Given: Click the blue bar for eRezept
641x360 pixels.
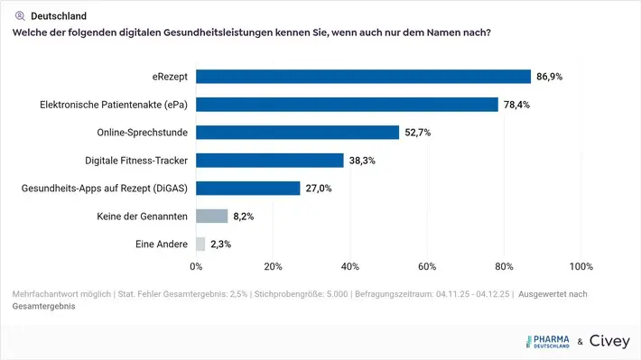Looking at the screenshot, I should point(363,77).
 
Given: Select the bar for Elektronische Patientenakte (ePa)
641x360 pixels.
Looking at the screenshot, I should point(347,105).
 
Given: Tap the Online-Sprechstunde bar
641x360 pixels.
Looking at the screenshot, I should point(297,133).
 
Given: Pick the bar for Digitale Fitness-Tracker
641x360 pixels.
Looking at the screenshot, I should point(270,161).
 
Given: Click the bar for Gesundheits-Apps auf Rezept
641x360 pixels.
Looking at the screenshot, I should point(248,189).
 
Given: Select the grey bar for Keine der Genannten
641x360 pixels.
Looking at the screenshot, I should point(211,217).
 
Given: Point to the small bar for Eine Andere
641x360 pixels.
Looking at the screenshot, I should point(200,244).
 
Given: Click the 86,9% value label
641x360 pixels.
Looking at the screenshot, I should point(549,77).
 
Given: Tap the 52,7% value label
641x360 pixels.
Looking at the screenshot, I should point(417,133).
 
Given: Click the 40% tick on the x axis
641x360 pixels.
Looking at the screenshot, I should point(350,267).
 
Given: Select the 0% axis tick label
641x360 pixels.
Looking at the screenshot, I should point(196,267).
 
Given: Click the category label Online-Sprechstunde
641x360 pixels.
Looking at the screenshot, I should point(142,133).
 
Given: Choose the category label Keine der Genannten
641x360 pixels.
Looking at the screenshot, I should point(142,217).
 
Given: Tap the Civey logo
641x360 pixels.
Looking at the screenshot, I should point(609,341).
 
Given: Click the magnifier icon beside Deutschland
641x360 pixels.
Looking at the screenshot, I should point(20,15).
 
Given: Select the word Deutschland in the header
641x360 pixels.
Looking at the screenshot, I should point(59,15).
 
